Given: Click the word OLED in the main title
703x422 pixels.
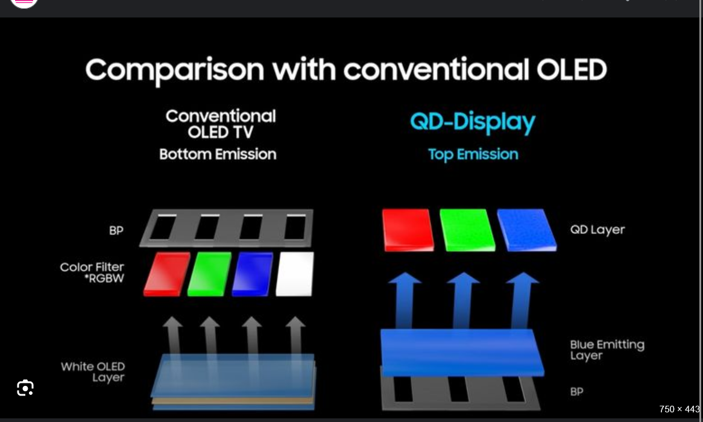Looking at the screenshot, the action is [572, 70].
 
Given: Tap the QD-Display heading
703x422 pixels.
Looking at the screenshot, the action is [473, 122].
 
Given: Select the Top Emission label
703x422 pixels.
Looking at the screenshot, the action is [473, 154].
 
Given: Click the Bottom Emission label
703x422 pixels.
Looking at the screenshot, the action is [218, 154].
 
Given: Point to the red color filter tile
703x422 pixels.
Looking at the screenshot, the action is [167, 274].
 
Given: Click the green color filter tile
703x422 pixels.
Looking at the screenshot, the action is [209, 274].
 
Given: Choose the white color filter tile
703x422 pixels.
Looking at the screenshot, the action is [295, 274].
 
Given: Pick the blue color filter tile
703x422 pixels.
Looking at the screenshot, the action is [253, 274].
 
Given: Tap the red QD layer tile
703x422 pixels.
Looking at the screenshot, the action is [408, 230].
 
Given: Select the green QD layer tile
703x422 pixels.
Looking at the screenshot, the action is [467, 230].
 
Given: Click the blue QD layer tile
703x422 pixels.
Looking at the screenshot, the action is [527, 230].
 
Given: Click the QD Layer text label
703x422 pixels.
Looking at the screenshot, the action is [597, 230].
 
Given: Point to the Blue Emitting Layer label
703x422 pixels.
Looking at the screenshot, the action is [607, 350].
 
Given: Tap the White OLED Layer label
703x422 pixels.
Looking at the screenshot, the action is [93, 372].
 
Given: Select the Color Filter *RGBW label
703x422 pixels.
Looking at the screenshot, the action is [92, 272].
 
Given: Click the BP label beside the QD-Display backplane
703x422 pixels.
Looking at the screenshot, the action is [576, 391].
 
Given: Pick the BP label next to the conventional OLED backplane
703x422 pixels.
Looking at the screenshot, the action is [116, 230].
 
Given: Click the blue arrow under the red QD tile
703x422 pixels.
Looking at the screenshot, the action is [405, 300].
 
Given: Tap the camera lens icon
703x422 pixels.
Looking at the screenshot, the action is [25, 388].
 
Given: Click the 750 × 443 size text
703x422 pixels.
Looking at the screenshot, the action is [679, 409].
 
